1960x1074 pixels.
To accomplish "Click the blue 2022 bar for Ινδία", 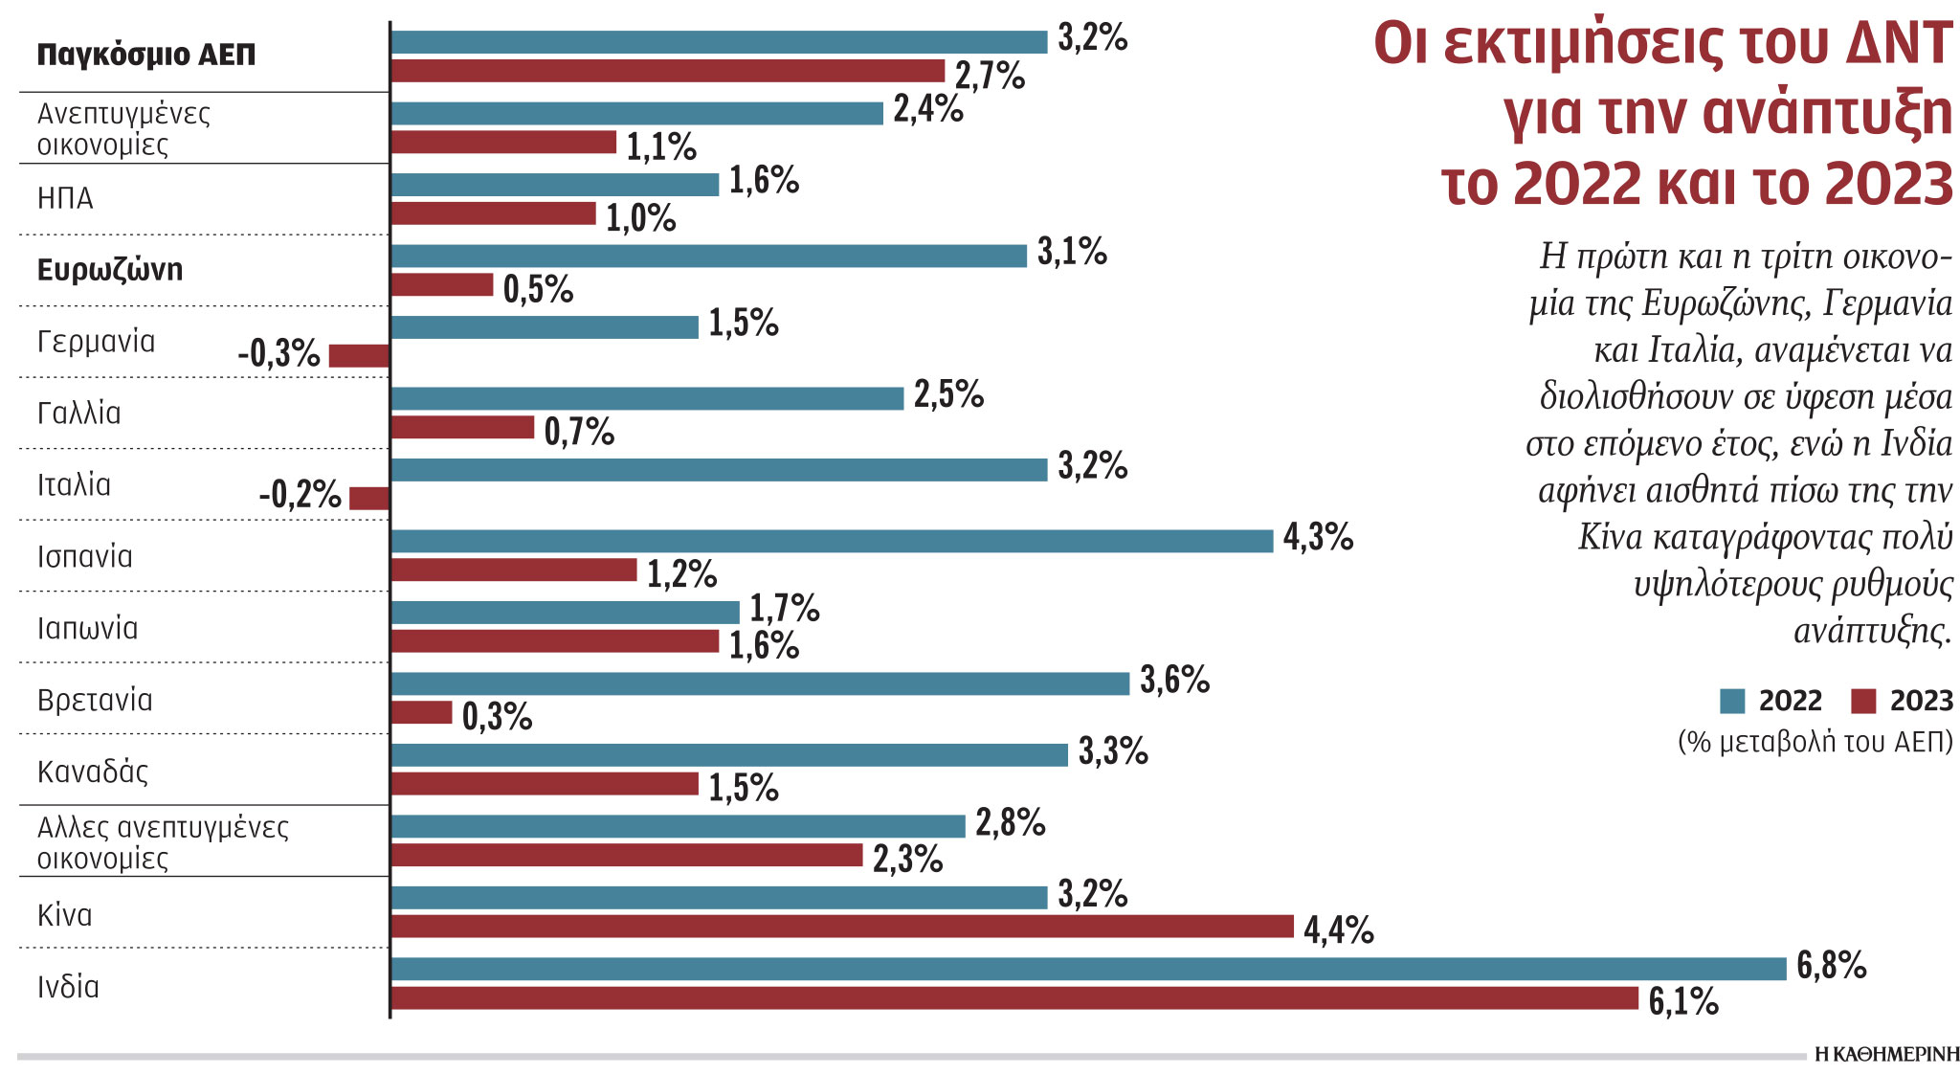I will tap(1088, 969).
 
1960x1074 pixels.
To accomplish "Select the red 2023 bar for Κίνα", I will tap(842, 927).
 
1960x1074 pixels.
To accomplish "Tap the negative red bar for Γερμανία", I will tap(359, 356).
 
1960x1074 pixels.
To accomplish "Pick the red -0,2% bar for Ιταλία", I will tap(369, 499).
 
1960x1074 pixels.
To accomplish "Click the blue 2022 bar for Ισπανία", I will tap(832, 541).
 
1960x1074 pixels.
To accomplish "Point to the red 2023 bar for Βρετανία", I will tap(421, 712).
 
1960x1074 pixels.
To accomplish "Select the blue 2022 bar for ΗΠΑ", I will tap(554, 185).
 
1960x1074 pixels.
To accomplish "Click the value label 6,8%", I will tap(1831, 966).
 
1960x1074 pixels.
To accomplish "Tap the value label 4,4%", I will tap(1338, 929).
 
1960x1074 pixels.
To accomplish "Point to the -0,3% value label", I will tap(278, 354).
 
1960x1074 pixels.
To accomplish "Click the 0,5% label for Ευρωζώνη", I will tap(538, 289).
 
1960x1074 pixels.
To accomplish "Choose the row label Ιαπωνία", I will tap(87, 628).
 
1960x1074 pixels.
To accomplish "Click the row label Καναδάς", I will tap(93, 772).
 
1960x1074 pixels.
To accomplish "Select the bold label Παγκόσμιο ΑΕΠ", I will tap(146, 55).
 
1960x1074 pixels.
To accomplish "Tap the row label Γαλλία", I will tap(78, 414).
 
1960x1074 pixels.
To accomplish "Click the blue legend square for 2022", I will tap(1732, 702).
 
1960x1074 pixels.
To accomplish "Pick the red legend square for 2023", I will tap(1863, 702).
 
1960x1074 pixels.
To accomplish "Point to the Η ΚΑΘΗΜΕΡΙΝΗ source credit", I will tap(1886, 1055).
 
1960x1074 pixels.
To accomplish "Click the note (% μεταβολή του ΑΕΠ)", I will tap(1815, 743).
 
